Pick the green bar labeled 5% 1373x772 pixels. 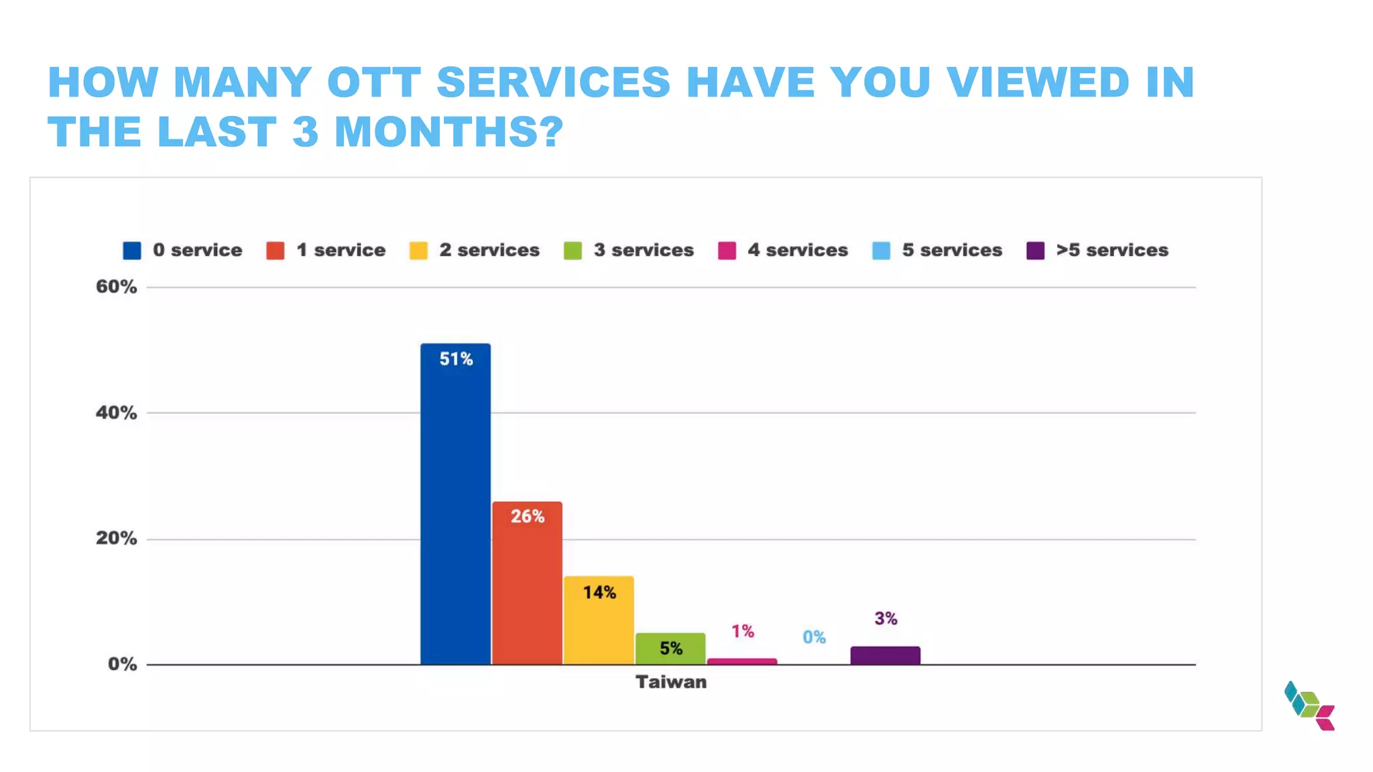pos(670,648)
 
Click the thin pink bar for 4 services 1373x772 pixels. pos(742,661)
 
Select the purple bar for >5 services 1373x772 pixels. pos(885,655)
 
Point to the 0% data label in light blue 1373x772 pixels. pos(814,637)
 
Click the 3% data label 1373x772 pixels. pos(886,619)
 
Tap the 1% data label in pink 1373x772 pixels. pos(742,631)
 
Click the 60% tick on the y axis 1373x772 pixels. pos(116,287)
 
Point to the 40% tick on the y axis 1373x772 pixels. pos(116,413)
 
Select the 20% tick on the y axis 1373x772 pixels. pos(116,539)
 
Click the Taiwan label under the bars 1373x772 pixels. pos(670,682)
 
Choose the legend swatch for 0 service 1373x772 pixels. pos(132,251)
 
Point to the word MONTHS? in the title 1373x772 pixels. pos(449,131)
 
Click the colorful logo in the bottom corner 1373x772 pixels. pos(1309,706)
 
